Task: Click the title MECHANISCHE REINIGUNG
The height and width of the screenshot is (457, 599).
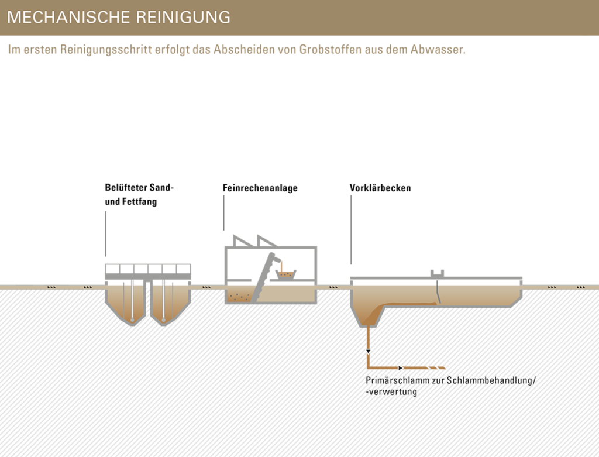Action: (x=119, y=17)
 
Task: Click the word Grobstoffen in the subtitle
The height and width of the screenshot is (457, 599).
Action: (x=330, y=50)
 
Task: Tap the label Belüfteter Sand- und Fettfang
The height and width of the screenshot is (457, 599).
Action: (x=139, y=194)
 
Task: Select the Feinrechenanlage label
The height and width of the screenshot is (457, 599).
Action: (x=260, y=188)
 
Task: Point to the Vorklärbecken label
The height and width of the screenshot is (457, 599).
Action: (x=380, y=188)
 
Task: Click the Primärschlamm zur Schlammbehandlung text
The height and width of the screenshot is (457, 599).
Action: (x=451, y=386)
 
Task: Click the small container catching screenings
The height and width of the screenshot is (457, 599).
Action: (x=285, y=274)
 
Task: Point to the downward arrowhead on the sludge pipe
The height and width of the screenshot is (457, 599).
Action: (x=369, y=351)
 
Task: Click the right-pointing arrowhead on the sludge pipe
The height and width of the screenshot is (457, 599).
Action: (x=400, y=368)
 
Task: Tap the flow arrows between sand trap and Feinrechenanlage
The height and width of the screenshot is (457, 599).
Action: (x=206, y=287)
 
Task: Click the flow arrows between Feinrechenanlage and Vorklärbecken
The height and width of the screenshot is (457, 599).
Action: (x=333, y=287)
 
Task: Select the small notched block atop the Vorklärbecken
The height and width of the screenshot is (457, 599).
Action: (x=437, y=274)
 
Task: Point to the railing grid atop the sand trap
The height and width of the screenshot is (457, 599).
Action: (x=148, y=269)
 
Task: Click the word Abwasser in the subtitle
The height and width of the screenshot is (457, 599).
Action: (x=438, y=50)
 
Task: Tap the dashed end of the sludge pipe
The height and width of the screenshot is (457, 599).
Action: (x=436, y=368)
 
